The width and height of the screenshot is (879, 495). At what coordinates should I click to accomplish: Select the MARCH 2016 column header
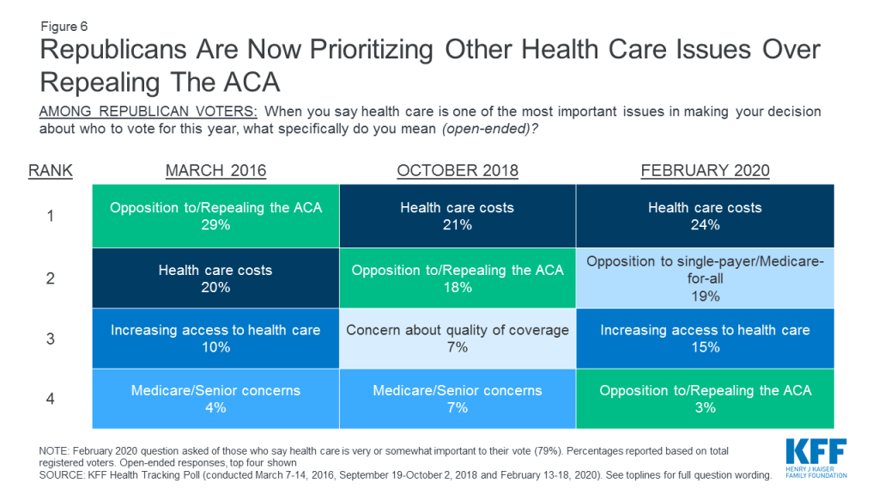pyautogui.click(x=215, y=171)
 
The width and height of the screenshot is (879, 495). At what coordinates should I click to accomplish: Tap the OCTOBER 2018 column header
pyautogui.click(x=458, y=171)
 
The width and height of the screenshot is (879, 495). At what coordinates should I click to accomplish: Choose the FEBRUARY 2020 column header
pyautogui.click(x=706, y=171)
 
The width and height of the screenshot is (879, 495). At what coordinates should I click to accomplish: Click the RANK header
pyautogui.click(x=51, y=171)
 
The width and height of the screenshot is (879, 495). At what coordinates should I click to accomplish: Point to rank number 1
pyautogui.click(x=51, y=216)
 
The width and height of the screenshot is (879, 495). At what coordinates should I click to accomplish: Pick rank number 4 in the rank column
pyautogui.click(x=51, y=399)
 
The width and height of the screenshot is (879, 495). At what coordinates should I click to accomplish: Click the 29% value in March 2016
pyautogui.click(x=215, y=225)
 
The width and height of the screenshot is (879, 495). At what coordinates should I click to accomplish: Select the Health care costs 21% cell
pyautogui.click(x=458, y=216)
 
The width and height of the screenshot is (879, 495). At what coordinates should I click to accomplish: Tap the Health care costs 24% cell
pyautogui.click(x=706, y=216)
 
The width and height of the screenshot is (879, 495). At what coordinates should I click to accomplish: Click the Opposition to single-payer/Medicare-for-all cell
pyautogui.click(x=706, y=278)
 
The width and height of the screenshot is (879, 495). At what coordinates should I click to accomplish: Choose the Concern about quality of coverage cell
pyautogui.click(x=458, y=339)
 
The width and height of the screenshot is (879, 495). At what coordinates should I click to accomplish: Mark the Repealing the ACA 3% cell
pyautogui.click(x=706, y=399)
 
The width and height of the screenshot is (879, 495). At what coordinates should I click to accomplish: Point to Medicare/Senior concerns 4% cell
pyautogui.click(x=215, y=399)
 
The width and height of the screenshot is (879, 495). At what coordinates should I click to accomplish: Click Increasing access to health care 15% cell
pyautogui.click(x=706, y=339)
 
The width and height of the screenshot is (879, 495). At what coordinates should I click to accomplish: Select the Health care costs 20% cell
pyautogui.click(x=215, y=278)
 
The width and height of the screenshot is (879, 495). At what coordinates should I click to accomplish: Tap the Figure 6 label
pyautogui.click(x=64, y=27)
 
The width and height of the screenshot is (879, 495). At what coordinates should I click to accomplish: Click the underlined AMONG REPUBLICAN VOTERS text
pyautogui.click(x=148, y=112)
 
